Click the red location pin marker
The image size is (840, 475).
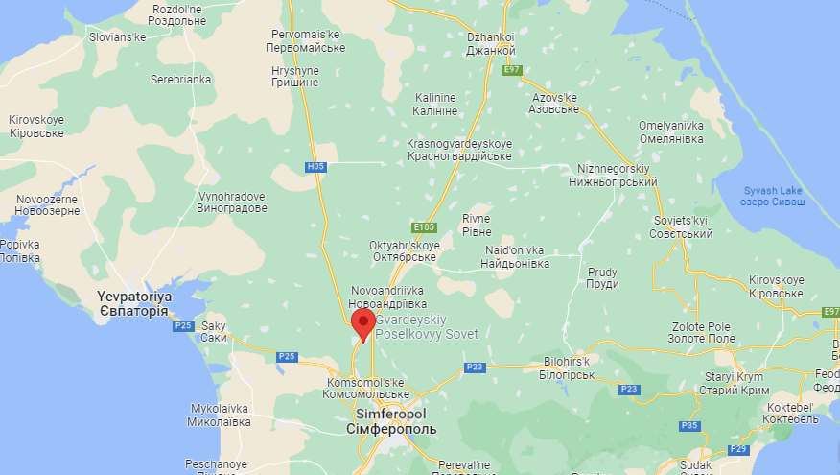363,323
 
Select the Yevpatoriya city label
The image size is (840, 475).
133,304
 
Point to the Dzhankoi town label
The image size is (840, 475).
491,44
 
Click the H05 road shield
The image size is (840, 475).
316,167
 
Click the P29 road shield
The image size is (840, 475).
737,449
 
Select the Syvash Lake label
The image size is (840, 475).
774,196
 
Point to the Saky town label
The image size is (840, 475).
214,332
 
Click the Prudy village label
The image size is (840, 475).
602,277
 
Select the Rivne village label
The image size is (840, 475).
477,225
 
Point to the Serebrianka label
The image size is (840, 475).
180,80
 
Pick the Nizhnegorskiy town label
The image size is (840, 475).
616,175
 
